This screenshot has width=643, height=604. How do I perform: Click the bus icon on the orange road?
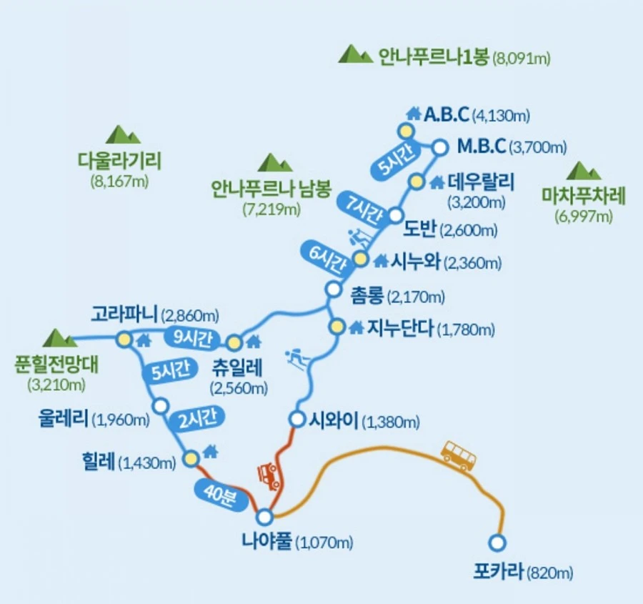pyautogui.click(x=458, y=455)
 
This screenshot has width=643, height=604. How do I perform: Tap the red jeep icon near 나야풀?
pyautogui.click(x=269, y=475)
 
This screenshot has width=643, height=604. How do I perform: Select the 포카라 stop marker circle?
pyautogui.click(x=497, y=542)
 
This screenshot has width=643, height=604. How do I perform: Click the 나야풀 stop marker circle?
pyautogui.click(x=265, y=515)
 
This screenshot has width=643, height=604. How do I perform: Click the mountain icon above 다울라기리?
pyautogui.click(x=122, y=134)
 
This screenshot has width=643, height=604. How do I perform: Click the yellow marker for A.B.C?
pyautogui.click(x=406, y=130)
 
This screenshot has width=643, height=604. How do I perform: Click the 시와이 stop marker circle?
pyautogui.click(x=298, y=419)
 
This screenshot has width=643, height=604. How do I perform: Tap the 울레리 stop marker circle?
pyautogui.click(x=161, y=406)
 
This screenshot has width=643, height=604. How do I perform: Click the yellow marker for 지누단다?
pyautogui.click(x=337, y=327)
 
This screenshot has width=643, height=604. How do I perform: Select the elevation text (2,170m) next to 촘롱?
pyautogui.click(x=418, y=295)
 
